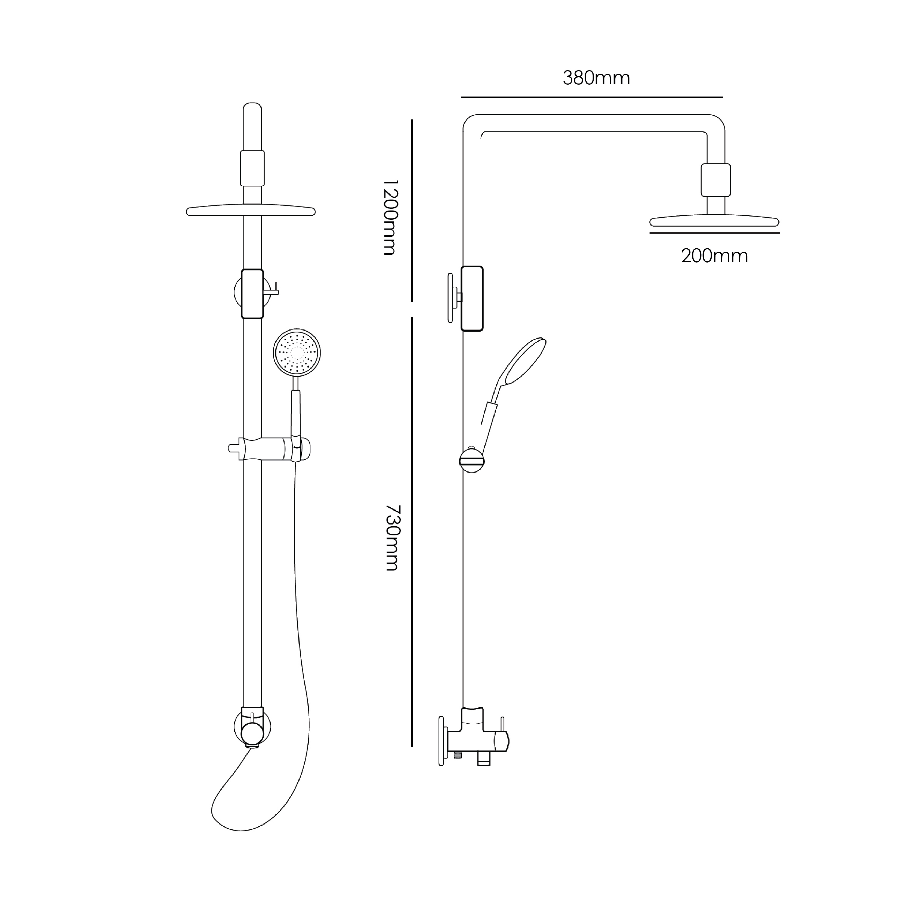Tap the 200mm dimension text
click(x=714, y=256)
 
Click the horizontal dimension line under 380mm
click(x=592, y=97)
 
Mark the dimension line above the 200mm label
click(x=714, y=233)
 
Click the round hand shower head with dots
click(x=297, y=352)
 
